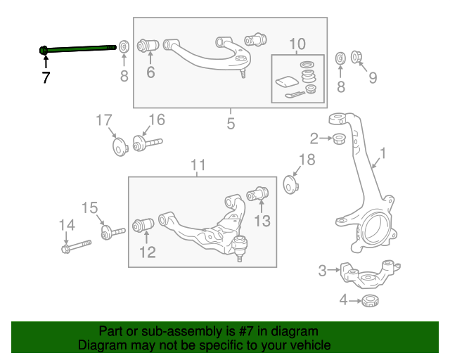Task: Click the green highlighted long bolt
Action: [77, 48]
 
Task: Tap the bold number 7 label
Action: [46, 78]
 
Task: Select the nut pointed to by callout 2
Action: [337, 139]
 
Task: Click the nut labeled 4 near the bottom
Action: [370, 302]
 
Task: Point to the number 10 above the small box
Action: [297, 44]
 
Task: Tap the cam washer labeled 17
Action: [118, 148]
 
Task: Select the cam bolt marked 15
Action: [111, 232]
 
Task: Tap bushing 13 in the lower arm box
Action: [261, 192]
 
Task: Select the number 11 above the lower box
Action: [198, 165]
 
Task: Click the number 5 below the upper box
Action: [231, 124]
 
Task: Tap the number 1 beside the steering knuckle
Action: [383, 153]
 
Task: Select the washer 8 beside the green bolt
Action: [124, 47]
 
